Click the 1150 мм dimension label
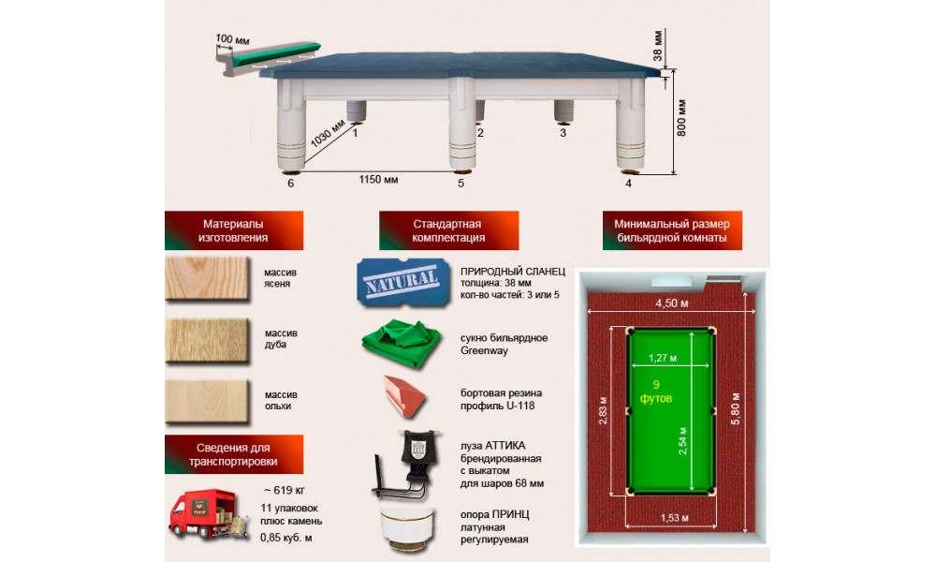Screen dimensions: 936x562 click(378, 179)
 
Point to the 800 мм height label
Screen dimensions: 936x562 click(681, 118)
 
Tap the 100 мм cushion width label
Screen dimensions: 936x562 click(233, 39)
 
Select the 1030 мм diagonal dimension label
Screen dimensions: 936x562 click(328, 133)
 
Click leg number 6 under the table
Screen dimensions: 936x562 click(291, 184)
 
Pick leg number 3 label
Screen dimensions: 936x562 click(563, 133)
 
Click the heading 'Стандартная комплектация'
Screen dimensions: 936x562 click(448, 230)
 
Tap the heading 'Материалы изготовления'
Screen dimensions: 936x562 click(233, 230)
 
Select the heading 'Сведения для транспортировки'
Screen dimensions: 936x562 click(233, 454)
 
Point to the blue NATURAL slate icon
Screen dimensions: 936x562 click(402, 283)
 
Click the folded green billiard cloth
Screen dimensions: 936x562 click(402, 343)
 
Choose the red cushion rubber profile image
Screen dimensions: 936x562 click(405, 395)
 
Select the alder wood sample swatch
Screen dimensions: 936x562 click(207, 401)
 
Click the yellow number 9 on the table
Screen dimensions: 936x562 click(656, 385)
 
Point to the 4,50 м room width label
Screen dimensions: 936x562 click(671, 303)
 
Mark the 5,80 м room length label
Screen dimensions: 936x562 click(736, 409)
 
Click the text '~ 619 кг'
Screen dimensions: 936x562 click(285, 490)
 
